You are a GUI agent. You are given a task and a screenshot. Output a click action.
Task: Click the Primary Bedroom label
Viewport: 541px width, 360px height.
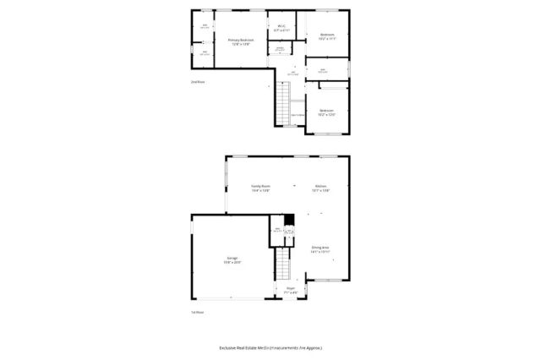point(241,39)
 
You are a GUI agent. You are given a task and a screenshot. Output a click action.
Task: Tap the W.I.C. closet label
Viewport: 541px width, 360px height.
point(281,26)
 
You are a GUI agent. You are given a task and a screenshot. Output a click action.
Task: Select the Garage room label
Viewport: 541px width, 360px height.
point(231,257)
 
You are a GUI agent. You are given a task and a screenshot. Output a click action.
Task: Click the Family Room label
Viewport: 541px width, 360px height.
point(260,186)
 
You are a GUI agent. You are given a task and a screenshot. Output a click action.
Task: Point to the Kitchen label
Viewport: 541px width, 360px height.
point(321,186)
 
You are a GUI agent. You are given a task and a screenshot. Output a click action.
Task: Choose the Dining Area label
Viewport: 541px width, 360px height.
point(320,247)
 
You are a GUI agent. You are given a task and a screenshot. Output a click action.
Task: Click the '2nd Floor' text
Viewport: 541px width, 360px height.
point(198,82)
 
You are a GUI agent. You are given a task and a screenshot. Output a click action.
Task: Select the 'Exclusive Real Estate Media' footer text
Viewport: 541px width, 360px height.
point(270,347)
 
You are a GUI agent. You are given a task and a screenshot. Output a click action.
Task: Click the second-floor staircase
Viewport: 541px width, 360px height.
point(281,106)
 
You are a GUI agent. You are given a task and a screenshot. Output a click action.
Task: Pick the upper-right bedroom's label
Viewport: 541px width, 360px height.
point(327,35)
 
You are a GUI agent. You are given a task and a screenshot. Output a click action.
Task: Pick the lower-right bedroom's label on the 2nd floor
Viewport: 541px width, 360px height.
point(327,110)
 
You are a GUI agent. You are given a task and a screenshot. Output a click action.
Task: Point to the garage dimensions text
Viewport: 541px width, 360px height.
point(231,262)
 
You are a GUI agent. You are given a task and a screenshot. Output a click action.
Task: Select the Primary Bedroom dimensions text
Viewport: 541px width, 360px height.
point(241,43)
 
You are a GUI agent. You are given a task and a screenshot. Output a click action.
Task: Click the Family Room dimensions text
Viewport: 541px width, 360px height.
point(260,191)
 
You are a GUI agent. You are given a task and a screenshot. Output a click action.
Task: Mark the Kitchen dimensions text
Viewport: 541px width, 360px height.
point(321,191)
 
